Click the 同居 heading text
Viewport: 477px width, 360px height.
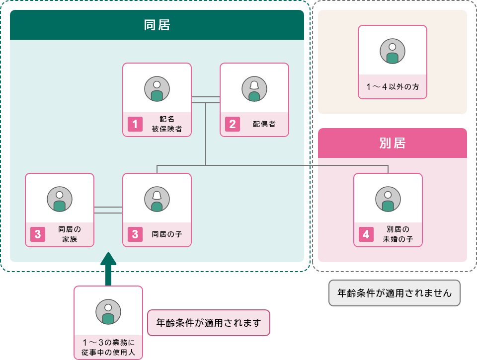[157, 25]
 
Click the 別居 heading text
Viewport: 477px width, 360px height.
[392, 143]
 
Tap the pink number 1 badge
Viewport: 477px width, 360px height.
[135, 124]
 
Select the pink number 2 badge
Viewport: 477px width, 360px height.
[233, 124]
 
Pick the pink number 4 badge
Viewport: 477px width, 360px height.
[366, 234]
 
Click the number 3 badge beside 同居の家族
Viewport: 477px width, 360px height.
[38, 234]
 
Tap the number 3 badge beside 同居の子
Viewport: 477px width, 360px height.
[135, 234]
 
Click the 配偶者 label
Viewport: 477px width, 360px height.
[264, 124]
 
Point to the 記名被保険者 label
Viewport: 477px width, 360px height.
[166, 124]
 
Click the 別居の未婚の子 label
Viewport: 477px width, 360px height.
[397, 234]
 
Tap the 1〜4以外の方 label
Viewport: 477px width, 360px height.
[393, 87]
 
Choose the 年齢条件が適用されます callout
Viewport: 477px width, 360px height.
[209, 323]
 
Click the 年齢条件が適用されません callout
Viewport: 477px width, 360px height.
[395, 293]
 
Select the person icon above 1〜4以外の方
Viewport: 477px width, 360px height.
[393, 51]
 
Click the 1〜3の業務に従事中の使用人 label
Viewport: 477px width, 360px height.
[108, 348]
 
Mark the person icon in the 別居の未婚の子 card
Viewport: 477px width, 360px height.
[388, 199]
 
